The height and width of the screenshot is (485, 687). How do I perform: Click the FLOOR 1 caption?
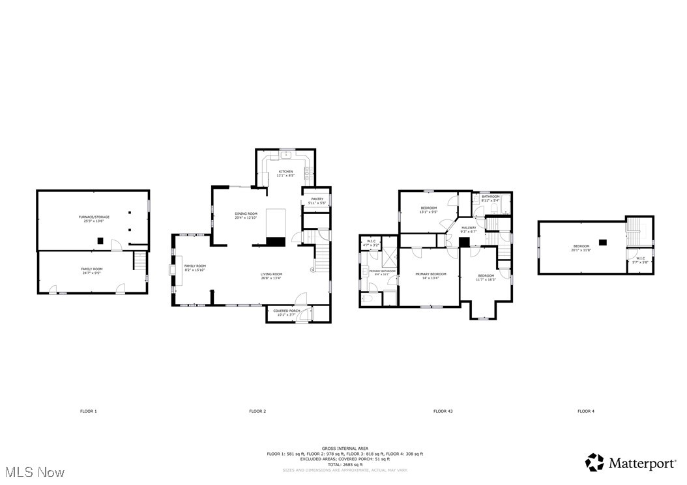pyautogui.click(x=88, y=411)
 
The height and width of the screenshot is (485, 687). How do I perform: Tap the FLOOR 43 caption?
pyautogui.click(x=443, y=411)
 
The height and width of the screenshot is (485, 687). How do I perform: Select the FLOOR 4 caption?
pyautogui.click(x=585, y=411)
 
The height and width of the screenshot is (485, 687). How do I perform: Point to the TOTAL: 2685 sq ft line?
pyautogui.click(x=345, y=464)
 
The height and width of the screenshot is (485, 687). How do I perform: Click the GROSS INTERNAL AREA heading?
pyautogui.click(x=345, y=449)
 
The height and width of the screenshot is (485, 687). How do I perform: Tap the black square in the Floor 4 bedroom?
pyautogui.click(x=602, y=242)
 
